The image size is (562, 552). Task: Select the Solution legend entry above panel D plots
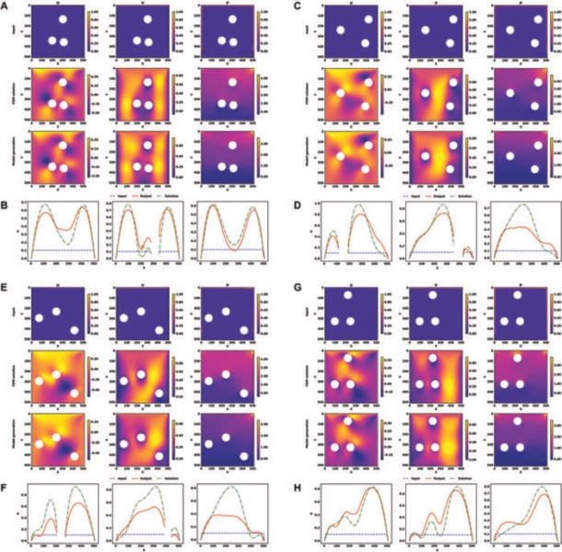457,196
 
